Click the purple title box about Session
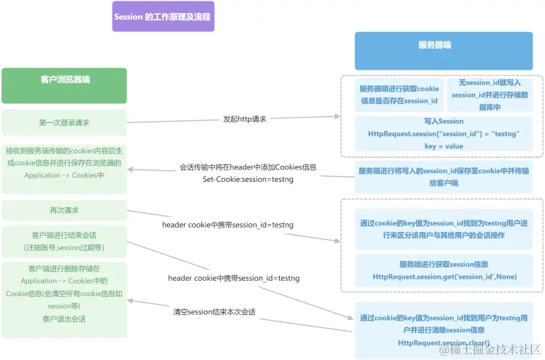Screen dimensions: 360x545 tap(163, 16)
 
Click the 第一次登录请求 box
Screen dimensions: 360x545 tap(64, 123)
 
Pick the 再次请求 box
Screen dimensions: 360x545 tap(64, 210)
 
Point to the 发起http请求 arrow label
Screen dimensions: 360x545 tap(244, 119)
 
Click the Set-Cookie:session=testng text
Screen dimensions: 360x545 tap(248, 179)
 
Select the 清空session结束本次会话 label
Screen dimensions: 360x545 tap(214, 312)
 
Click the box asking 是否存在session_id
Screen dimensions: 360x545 tap(399, 95)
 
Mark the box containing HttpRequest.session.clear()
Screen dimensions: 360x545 tap(444, 329)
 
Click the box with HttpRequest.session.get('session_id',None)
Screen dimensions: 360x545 tap(444, 270)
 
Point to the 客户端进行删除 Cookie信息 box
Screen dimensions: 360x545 tap(64, 293)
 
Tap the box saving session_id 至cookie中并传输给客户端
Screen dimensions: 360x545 tap(444, 177)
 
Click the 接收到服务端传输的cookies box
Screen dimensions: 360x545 tap(64, 163)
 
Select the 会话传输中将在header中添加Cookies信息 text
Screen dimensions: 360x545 tap(248, 167)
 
